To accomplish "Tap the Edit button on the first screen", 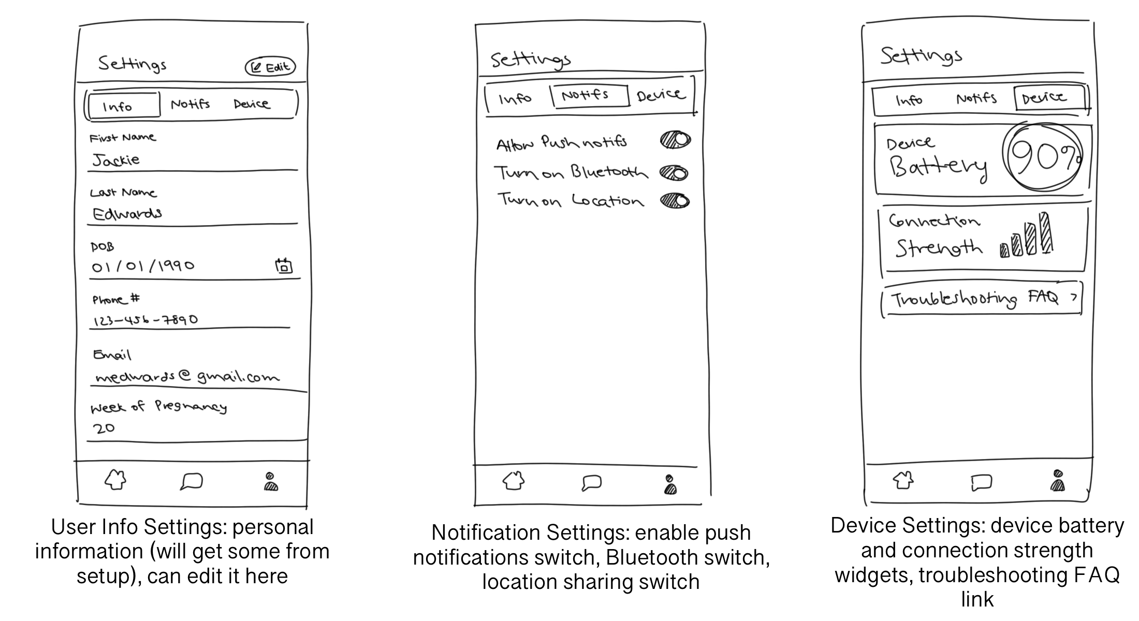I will coord(270,67).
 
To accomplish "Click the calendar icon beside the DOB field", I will coord(283,265).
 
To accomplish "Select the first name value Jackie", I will coord(116,160).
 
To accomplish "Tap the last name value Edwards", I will coord(127,213).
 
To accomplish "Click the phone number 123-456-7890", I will coord(145,320).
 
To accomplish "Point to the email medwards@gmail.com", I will coord(187,377).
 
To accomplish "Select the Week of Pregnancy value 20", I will coord(104,428).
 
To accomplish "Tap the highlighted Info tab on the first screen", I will coord(123,106).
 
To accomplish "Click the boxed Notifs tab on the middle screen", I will coord(589,95).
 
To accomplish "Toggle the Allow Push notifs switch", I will coord(675,140).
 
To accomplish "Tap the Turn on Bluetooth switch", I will coord(674,173).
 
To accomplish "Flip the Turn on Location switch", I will coord(675,201).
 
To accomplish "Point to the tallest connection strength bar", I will coord(1046,233).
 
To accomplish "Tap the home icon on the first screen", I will coord(115,480).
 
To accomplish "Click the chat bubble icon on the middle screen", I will coord(591,483).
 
